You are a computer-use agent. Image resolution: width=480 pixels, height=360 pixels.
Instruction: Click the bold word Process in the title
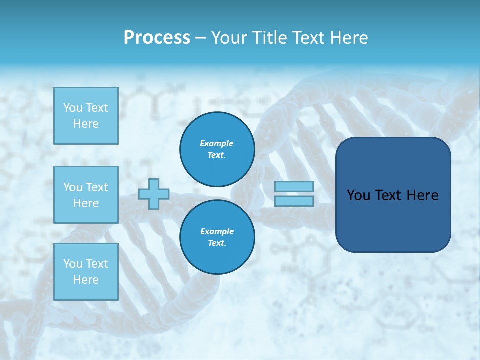click(x=157, y=38)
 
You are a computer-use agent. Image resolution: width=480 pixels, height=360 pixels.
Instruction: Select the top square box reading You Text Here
click(x=86, y=116)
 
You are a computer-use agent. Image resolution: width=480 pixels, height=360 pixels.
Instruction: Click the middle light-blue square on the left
click(x=86, y=195)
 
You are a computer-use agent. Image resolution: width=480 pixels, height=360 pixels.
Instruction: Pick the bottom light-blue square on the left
click(x=86, y=272)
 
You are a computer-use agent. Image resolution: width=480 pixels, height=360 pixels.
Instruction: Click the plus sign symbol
click(x=154, y=194)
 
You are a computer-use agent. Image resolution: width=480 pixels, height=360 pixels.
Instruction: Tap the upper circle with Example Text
click(x=217, y=149)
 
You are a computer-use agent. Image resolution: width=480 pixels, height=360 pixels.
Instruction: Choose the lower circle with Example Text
click(x=217, y=237)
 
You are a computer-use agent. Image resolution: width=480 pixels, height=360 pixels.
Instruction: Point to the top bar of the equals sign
click(x=294, y=187)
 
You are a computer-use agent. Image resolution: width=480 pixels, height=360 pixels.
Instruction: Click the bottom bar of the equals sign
click(x=294, y=201)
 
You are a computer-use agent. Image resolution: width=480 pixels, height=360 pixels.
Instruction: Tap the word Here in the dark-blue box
click(x=422, y=195)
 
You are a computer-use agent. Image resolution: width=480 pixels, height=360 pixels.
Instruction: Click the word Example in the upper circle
click(x=216, y=143)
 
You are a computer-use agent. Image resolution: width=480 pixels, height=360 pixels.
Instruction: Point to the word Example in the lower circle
click(x=216, y=231)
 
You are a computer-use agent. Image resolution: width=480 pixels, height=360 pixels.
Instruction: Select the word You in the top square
click(x=73, y=108)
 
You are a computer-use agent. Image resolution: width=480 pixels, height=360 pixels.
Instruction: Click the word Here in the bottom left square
click(x=86, y=280)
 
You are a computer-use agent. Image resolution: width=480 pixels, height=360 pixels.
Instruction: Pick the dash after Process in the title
click(x=201, y=38)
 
